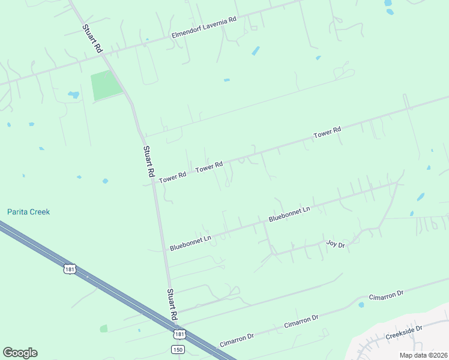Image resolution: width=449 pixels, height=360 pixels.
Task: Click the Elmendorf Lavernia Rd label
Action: point(203,28)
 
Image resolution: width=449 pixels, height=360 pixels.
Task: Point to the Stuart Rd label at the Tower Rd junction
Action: point(148,161)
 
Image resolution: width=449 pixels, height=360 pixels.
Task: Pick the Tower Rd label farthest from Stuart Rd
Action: point(327,133)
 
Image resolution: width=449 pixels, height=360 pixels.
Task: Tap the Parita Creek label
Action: point(28,212)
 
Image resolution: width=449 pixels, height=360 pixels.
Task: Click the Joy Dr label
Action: point(336,244)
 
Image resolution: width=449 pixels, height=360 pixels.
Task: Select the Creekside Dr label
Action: point(404,331)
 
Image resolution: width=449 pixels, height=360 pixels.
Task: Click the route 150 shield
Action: point(177,349)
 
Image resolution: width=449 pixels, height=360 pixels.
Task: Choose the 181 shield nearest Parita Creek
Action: point(70,269)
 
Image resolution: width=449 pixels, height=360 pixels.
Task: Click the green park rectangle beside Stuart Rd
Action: point(106,86)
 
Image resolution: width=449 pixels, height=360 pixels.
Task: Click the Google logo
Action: point(20,353)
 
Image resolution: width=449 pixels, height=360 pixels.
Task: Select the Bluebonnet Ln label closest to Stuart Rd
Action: point(190,242)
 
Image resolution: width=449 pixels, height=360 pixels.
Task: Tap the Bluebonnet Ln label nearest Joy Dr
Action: point(289,214)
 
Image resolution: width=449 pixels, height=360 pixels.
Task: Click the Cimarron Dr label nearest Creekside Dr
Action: point(385,296)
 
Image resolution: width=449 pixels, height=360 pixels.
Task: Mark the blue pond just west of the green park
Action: point(74,95)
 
